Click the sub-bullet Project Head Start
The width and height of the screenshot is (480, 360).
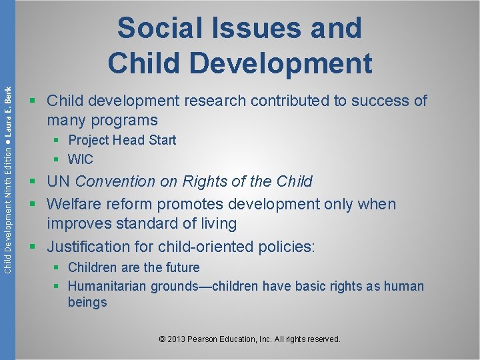122,140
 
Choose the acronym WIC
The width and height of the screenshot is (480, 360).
81,159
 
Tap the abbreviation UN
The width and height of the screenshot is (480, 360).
59,181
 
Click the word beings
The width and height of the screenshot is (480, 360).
87,302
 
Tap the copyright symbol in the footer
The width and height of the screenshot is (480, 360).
163,339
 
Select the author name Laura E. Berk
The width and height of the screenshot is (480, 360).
7,113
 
